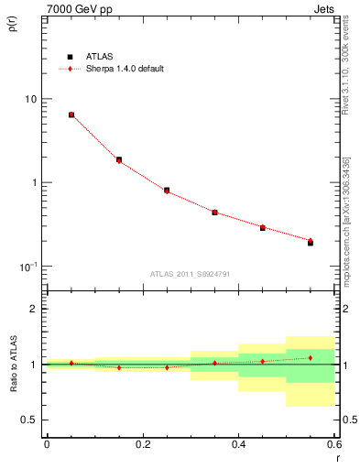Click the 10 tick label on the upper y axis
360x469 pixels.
31,99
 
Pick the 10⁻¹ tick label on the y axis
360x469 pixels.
28,266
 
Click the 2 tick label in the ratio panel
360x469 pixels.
35,310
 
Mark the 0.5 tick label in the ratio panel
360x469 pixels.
31,420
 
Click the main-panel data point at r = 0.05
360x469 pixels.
71,115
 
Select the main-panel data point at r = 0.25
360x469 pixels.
167,191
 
